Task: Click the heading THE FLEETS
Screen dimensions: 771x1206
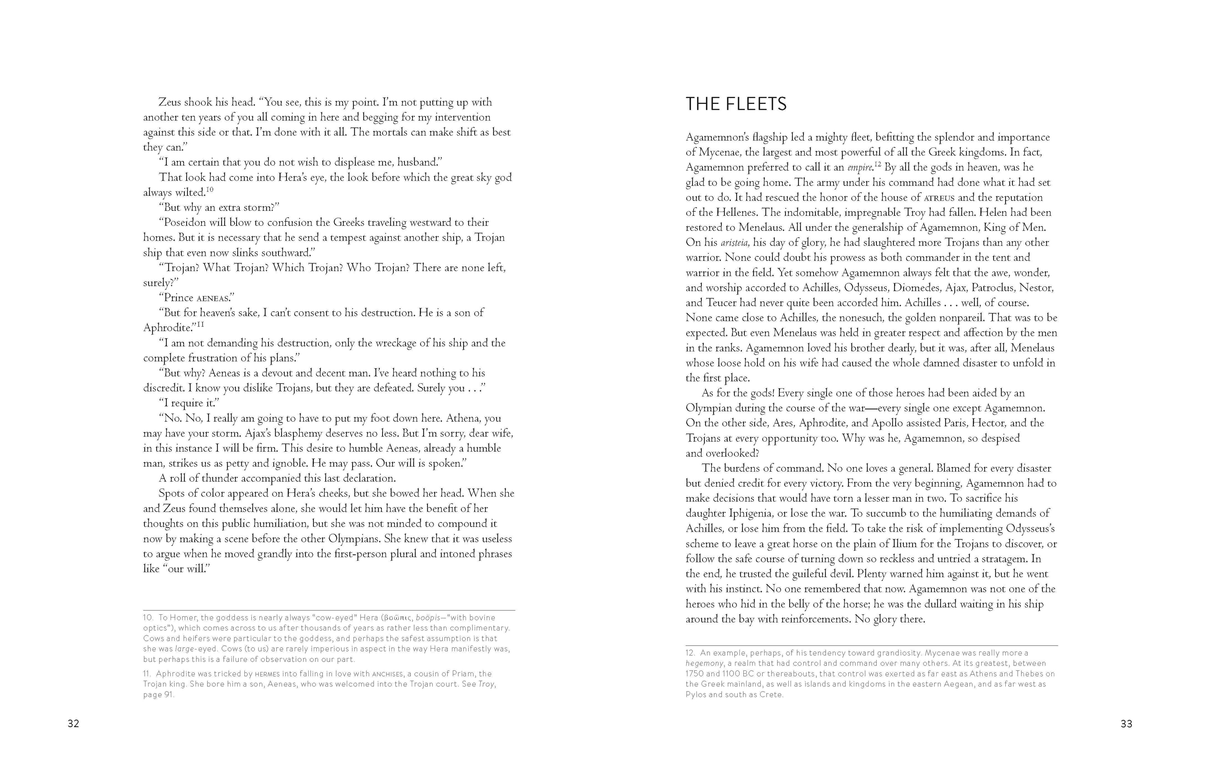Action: (x=736, y=104)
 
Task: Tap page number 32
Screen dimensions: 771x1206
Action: (x=73, y=723)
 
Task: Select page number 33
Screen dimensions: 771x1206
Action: (x=1126, y=723)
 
